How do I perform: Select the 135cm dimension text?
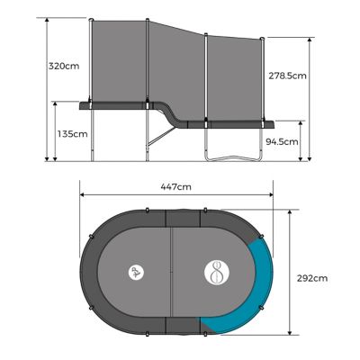click(x=72, y=134)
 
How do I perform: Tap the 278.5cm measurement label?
click(x=287, y=76)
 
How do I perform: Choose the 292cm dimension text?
click(x=312, y=279)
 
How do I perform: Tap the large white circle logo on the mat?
click(x=219, y=273)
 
